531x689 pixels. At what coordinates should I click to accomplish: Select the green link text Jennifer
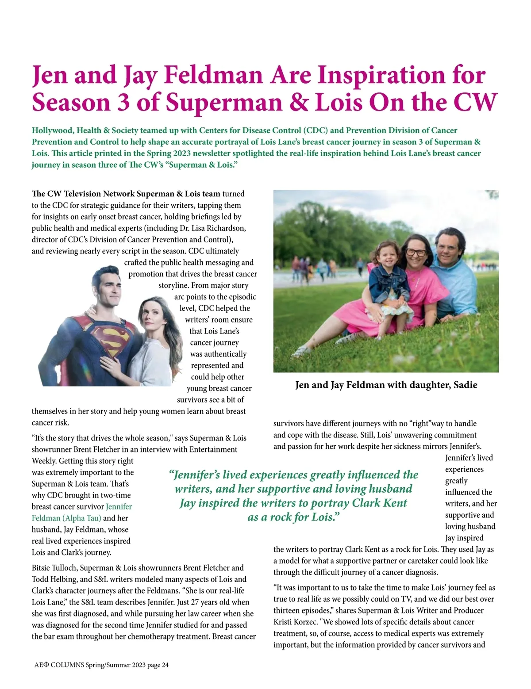coord(119,507)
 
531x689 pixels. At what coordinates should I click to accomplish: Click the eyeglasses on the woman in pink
coord(416,253)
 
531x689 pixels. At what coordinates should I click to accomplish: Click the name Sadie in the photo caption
coord(465,385)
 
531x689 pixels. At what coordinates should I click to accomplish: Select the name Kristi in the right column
coord(284,622)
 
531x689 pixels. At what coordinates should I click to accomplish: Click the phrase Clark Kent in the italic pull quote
coord(379,503)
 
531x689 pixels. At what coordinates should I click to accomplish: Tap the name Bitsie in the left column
coord(43,568)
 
